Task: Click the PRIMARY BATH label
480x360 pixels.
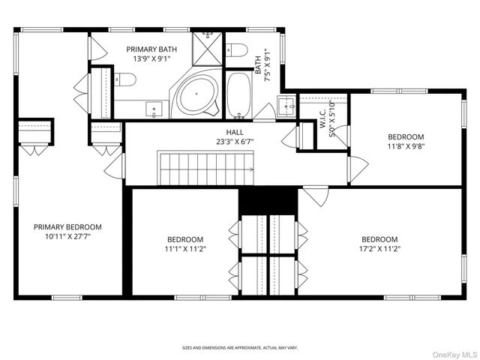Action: pos(151,49)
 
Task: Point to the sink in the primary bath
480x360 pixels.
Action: pos(154,110)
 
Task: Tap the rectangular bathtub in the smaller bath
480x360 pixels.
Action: pos(240,96)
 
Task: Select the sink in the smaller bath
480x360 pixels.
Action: pos(285,105)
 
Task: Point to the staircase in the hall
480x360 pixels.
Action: pos(205,165)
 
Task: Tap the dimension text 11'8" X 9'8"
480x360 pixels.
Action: pos(406,148)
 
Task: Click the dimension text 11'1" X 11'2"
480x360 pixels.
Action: pos(185,248)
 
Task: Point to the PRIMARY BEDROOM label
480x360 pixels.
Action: pos(67,226)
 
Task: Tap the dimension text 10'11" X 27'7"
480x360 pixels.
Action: pos(67,236)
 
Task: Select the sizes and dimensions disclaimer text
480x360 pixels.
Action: pos(240,348)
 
